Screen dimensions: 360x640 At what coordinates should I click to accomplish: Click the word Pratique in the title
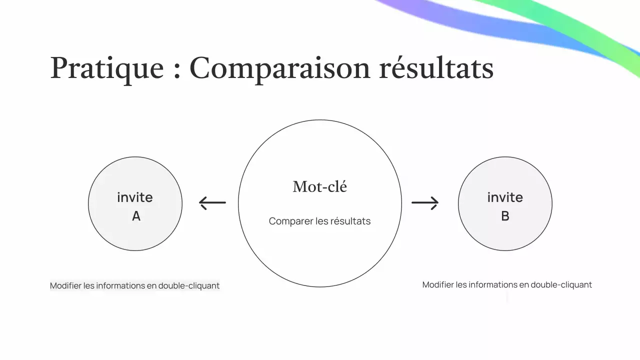[107, 68]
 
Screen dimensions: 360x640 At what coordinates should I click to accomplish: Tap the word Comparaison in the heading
[279, 68]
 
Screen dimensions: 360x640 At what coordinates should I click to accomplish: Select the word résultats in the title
[436, 68]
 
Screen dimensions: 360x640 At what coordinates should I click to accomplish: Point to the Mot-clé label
[320, 186]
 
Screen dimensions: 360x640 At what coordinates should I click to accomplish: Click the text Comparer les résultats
[320, 221]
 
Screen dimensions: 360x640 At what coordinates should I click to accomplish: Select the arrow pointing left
[212, 202]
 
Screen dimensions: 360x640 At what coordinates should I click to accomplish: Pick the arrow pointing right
[425, 202]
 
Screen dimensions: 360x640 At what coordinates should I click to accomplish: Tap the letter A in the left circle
[136, 216]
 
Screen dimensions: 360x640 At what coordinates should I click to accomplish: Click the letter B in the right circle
[505, 216]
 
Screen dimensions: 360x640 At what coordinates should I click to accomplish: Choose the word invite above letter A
[135, 197]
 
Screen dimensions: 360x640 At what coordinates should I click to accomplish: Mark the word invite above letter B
[505, 197]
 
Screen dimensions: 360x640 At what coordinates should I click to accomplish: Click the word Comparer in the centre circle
[291, 221]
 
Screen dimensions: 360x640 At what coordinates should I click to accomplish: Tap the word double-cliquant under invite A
[189, 286]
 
